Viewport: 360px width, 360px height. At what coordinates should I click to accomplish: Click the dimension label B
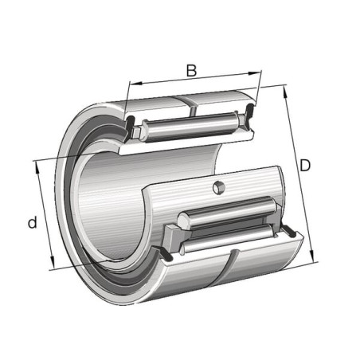[191, 71]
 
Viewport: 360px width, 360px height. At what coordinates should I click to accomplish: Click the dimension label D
[305, 165]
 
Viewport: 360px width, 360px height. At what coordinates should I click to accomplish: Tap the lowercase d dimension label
[33, 222]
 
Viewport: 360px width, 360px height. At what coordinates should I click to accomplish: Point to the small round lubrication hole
[219, 187]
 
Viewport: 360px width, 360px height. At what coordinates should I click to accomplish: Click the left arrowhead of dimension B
[135, 84]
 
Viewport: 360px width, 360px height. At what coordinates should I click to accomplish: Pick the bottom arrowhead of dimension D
[312, 256]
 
